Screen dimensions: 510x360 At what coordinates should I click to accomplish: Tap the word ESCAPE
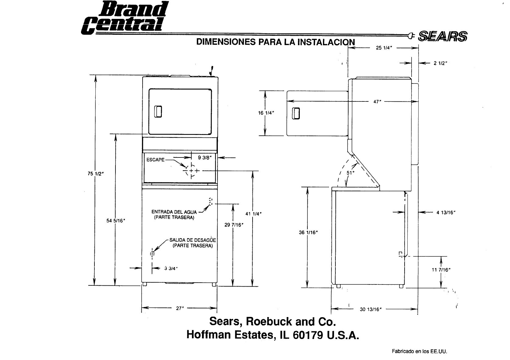click(155, 160)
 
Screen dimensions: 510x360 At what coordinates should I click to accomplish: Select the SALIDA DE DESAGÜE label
click(193, 240)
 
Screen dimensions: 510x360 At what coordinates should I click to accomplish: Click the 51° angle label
click(351, 173)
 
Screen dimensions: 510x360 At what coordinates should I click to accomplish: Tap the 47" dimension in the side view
click(377, 101)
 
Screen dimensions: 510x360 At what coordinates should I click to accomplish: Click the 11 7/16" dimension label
click(441, 270)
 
